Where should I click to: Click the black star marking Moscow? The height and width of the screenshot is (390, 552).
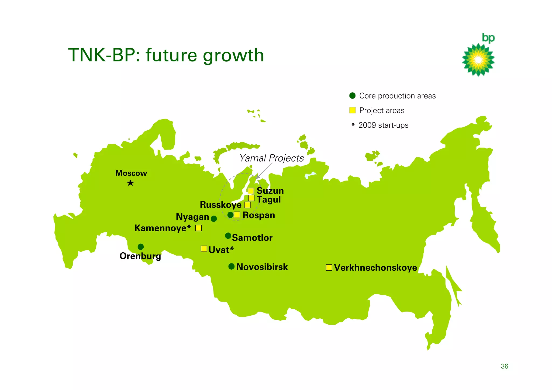(x=130, y=183)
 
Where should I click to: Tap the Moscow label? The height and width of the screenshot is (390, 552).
(x=131, y=173)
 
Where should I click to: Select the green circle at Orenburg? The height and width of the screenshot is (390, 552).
(x=141, y=247)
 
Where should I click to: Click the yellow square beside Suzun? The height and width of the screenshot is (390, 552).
(x=251, y=191)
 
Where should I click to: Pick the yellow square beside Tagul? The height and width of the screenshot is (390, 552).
(x=251, y=198)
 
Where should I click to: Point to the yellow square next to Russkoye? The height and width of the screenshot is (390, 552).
(x=247, y=205)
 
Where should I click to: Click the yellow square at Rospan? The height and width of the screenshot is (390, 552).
(x=237, y=215)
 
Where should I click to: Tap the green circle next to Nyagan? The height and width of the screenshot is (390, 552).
(x=214, y=219)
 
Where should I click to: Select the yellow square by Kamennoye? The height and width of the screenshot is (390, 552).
(x=199, y=228)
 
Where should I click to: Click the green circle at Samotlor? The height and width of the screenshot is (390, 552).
(x=228, y=236)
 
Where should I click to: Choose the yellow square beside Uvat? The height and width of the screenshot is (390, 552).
(x=204, y=249)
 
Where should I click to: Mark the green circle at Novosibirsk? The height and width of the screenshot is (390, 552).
(x=232, y=266)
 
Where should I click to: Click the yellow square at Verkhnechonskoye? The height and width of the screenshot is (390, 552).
(x=329, y=267)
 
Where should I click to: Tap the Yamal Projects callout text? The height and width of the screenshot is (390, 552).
(x=272, y=158)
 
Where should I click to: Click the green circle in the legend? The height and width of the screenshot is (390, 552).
(x=352, y=96)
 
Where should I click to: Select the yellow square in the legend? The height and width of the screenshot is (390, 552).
(x=352, y=110)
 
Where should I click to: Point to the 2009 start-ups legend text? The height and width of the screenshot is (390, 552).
(x=383, y=125)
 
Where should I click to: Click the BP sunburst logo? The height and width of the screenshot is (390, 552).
(x=478, y=60)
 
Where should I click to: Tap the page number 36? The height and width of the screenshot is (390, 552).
(x=504, y=366)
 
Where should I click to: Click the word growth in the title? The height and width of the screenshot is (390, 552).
(x=233, y=55)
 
